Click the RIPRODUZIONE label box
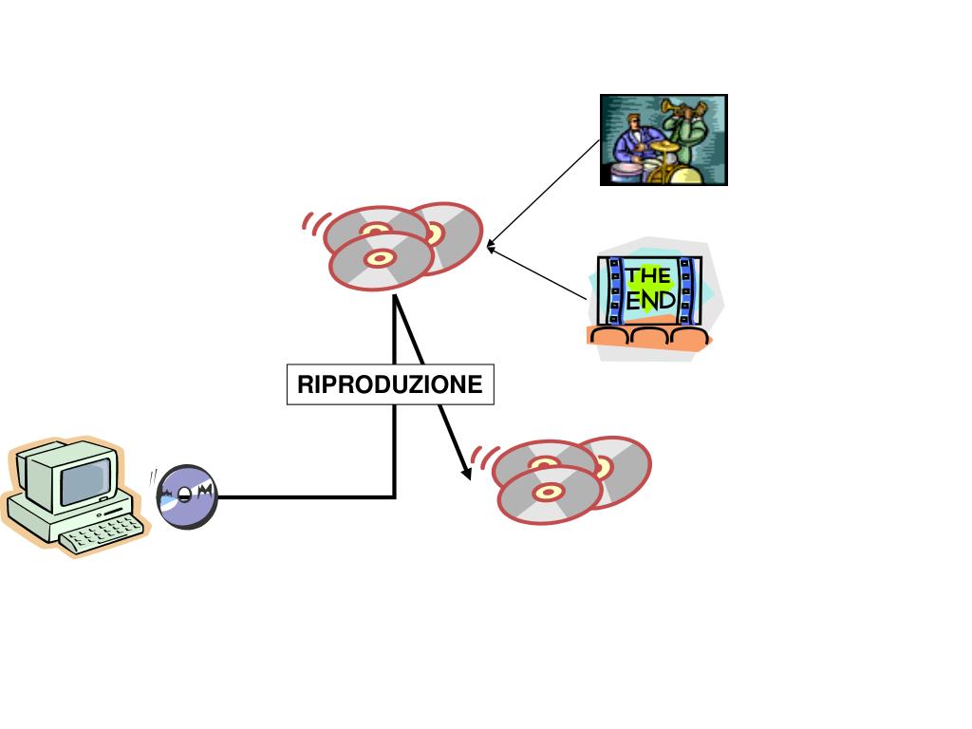(390, 384)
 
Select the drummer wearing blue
(630, 142)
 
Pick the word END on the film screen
(651, 301)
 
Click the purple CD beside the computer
(186, 495)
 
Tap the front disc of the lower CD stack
(549, 494)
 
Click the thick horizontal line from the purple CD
(304, 495)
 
